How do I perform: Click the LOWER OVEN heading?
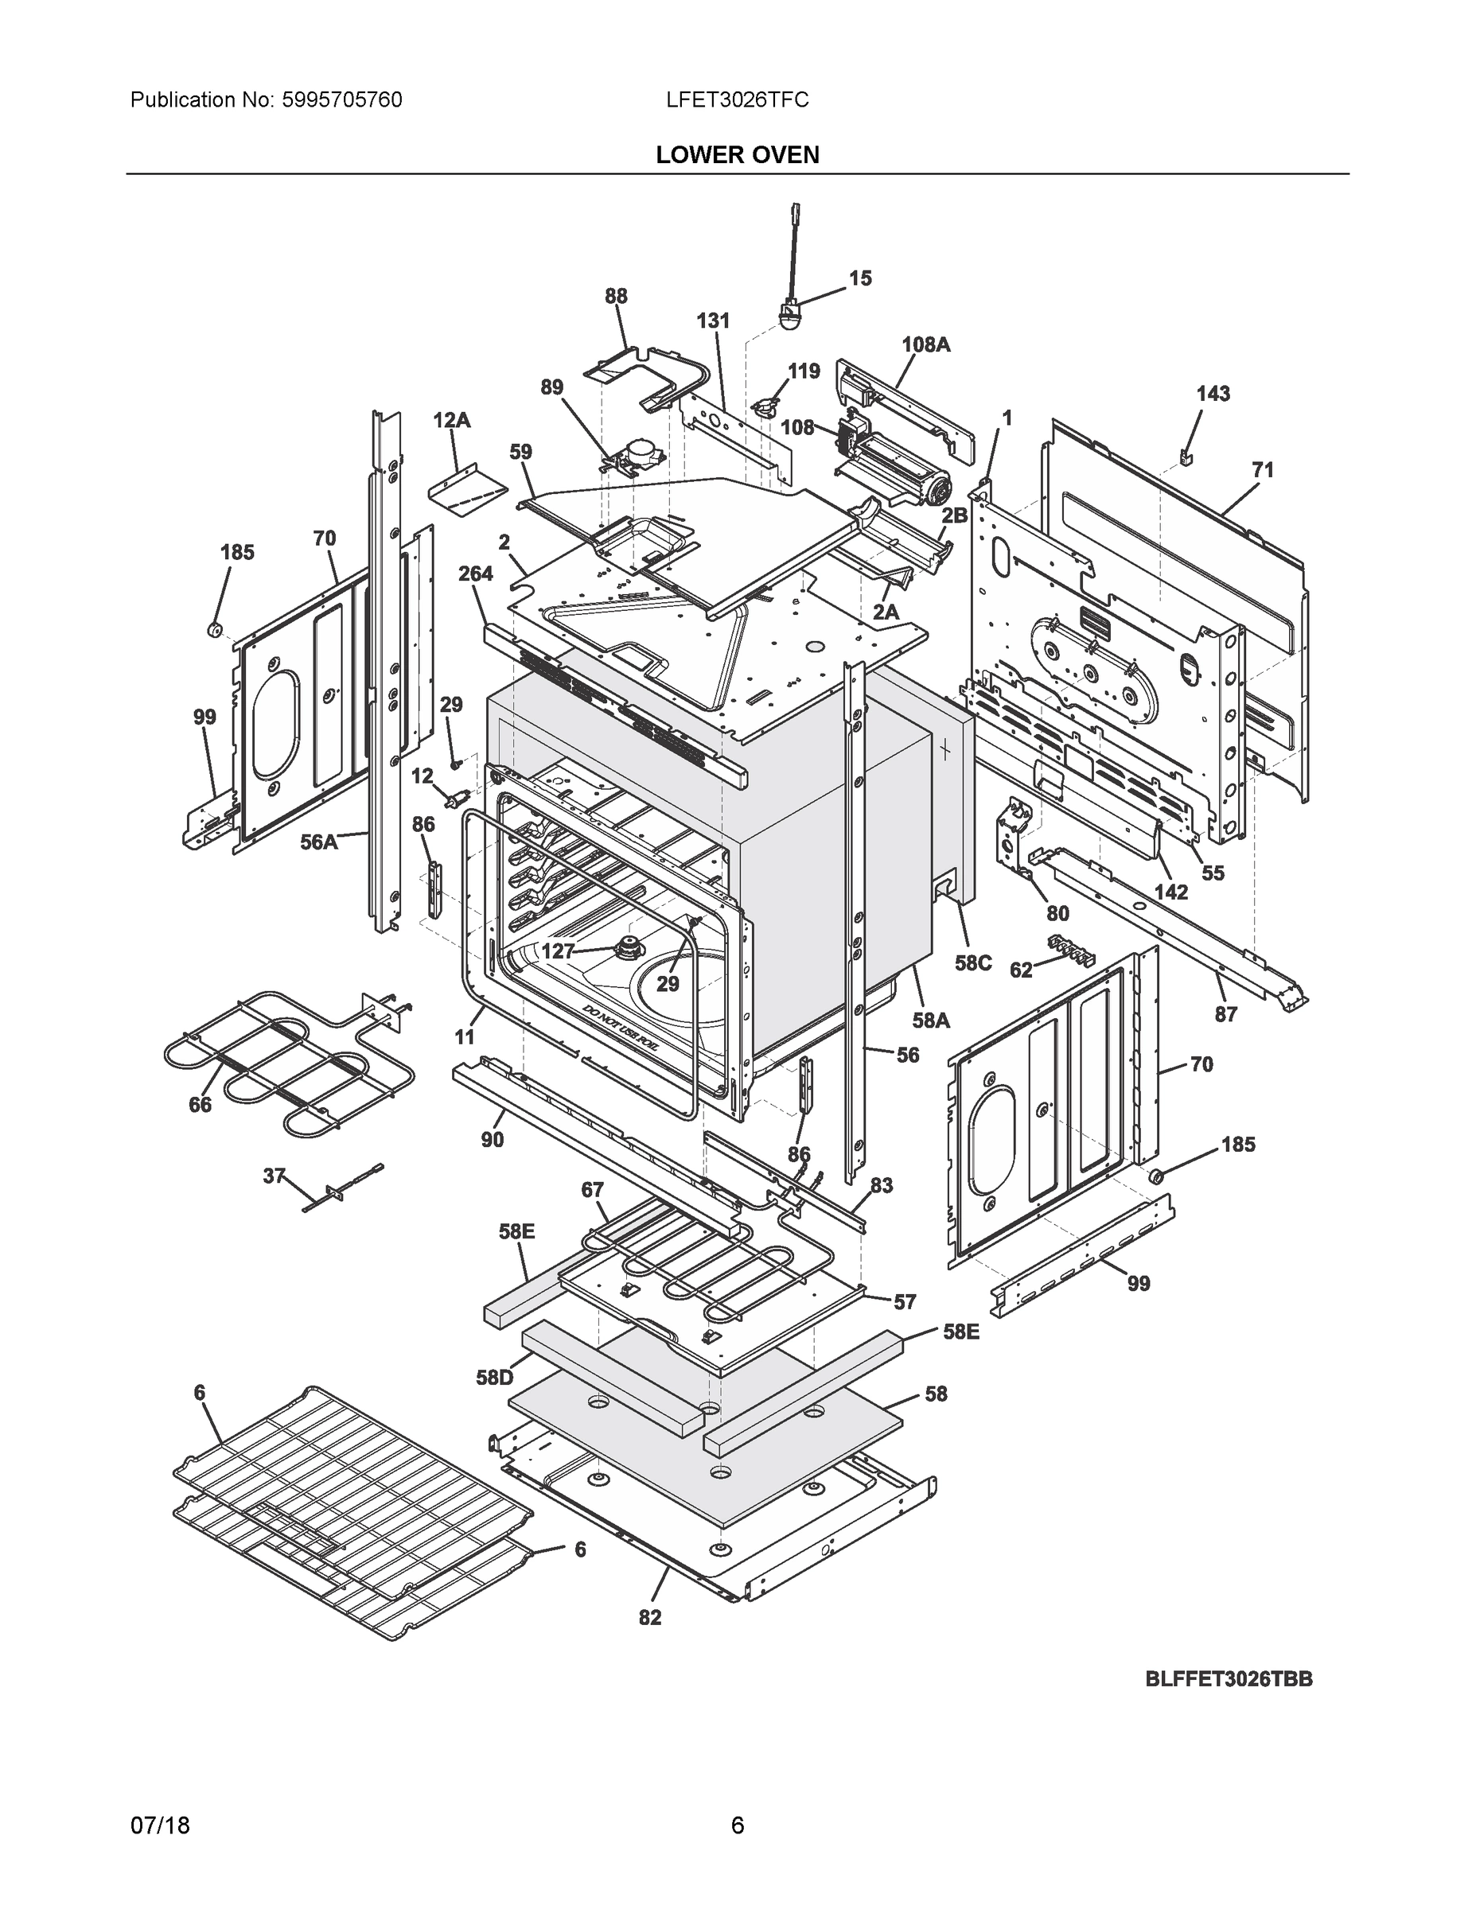pos(737,155)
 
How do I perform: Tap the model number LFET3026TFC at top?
pos(736,99)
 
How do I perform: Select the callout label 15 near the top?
pos(859,278)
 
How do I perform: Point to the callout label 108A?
pos(925,344)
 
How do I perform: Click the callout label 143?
pos(1213,394)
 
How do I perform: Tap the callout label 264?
pos(476,573)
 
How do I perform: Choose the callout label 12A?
pos(451,421)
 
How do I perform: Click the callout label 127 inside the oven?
pos(558,951)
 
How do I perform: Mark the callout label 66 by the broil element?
pos(201,1105)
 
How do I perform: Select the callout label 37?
pos(274,1176)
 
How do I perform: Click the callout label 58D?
pos(494,1378)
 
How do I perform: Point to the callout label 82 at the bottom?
pos(650,1617)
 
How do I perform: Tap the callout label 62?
pos(1020,970)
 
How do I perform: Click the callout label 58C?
pos(972,963)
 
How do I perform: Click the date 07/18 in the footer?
pos(160,1825)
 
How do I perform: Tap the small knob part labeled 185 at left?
pos(212,628)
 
